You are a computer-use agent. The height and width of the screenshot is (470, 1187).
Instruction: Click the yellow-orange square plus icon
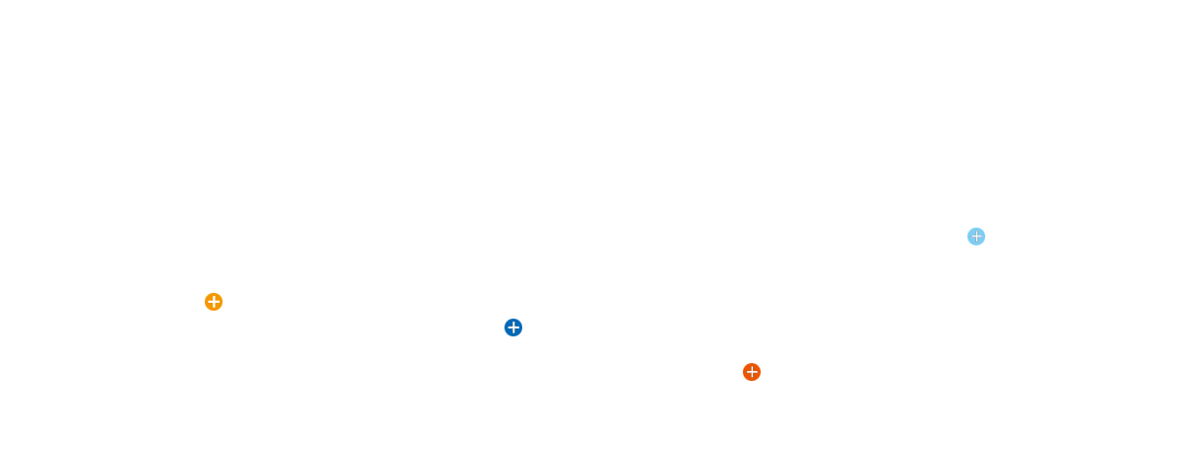pyautogui.click(x=214, y=302)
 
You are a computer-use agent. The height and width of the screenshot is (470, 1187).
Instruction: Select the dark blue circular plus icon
pyautogui.click(x=513, y=328)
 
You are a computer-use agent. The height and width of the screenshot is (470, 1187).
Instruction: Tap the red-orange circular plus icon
pyautogui.click(x=752, y=372)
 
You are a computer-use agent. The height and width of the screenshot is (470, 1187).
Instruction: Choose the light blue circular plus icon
pyautogui.click(x=976, y=236)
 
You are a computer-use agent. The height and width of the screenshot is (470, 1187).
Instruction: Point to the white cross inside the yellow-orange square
pyautogui.click(x=214, y=302)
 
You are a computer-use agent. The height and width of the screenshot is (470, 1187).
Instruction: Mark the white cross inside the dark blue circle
pyautogui.click(x=513, y=328)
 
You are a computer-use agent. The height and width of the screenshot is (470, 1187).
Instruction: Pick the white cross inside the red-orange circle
pyautogui.click(x=752, y=372)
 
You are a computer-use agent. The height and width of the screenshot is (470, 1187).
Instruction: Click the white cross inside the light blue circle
pyautogui.click(x=976, y=236)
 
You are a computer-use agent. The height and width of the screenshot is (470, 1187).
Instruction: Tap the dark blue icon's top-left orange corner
pyautogui.click(x=505, y=320)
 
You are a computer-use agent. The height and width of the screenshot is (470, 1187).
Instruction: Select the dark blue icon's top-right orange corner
pyautogui.click(x=521, y=320)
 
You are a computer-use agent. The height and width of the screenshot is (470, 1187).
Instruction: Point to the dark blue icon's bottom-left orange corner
pyautogui.click(x=505, y=335)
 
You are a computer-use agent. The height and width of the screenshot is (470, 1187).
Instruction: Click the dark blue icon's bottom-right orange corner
pyautogui.click(x=521, y=335)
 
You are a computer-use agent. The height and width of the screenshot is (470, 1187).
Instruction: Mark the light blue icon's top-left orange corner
pyautogui.click(x=968, y=229)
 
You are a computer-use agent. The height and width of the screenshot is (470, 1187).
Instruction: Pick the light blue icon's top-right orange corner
pyautogui.click(x=984, y=229)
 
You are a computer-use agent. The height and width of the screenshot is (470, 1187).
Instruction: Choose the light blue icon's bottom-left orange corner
pyautogui.click(x=968, y=244)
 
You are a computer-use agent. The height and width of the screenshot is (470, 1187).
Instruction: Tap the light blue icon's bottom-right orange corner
pyautogui.click(x=984, y=244)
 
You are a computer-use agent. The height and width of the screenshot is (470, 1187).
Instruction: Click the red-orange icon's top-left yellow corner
pyautogui.click(x=744, y=364)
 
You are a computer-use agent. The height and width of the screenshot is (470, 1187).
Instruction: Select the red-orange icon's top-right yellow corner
pyautogui.click(x=760, y=364)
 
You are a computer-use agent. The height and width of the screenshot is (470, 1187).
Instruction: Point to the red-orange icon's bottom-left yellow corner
pyautogui.click(x=744, y=380)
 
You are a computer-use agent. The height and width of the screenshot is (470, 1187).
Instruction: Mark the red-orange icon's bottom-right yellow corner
pyautogui.click(x=760, y=380)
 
